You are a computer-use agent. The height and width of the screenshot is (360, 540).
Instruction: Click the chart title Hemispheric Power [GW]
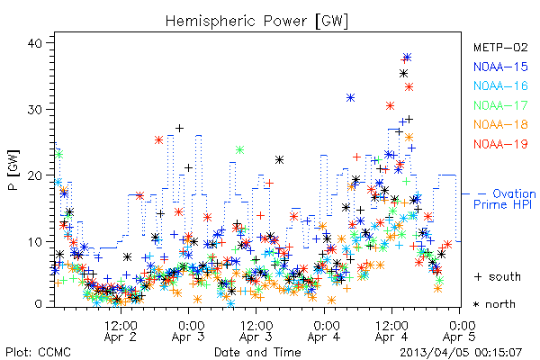coord(256,22)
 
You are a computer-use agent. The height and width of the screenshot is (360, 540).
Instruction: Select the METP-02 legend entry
coord(500,47)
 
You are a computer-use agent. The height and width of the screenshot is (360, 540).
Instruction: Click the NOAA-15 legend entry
coord(500,67)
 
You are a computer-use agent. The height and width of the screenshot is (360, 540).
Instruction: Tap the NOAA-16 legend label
coord(500,85)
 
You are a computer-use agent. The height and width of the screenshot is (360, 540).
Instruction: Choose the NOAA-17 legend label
coord(500,105)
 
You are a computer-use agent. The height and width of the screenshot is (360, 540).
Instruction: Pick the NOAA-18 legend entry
coord(500,124)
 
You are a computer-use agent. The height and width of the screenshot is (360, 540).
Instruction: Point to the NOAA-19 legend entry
coord(500,144)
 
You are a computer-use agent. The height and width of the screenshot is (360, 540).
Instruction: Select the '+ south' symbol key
coord(498,276)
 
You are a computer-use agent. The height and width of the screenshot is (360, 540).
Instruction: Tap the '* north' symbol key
coord(494,304)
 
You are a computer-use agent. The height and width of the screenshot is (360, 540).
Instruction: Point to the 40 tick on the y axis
coord(34,43)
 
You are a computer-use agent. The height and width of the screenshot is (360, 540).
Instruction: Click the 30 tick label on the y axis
coord(34,110)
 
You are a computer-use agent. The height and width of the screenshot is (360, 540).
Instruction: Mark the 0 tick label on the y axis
coord(38,304)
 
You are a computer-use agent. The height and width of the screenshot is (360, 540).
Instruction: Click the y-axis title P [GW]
coord(13,170)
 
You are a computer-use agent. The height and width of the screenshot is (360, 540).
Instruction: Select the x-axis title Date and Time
coord(257,352)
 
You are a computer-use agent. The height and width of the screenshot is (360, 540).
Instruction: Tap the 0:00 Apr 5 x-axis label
coord(460,331)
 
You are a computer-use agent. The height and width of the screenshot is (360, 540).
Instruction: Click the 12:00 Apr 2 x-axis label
coord(121,331)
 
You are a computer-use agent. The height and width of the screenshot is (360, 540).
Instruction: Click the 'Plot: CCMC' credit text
coord(38,352)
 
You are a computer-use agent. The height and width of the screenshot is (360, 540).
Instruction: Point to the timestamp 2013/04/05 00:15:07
coord(461,353)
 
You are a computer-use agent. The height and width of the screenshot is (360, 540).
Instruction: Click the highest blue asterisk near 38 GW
coord(408,58)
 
